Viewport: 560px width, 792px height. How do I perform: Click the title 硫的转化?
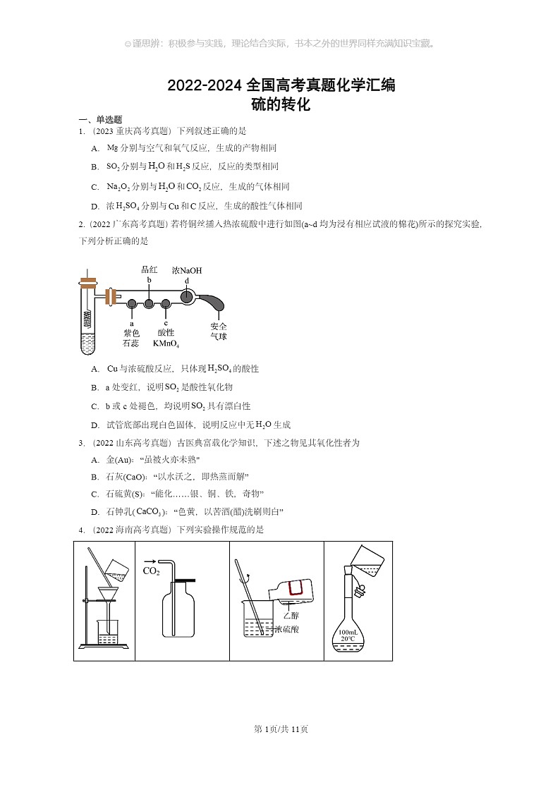point(281,105)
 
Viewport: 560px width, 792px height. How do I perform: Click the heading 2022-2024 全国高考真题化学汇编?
point(281,85)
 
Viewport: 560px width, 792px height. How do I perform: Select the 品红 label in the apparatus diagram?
point(149,269)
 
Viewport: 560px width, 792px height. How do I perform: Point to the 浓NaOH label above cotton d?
point(187,270)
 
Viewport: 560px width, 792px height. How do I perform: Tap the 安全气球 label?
point(219,331)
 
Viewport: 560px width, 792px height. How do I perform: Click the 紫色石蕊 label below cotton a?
point(131,338)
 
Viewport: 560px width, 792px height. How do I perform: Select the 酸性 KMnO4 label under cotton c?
point(166,338)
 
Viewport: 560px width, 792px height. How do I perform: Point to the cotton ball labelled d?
point(187,297)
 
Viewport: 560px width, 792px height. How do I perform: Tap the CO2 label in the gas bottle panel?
point(151,571)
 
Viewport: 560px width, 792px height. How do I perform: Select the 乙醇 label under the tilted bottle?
point(291,615)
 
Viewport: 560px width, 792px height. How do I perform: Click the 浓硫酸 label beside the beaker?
point(286,629)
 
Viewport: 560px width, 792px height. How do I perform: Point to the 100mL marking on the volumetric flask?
point(348,632)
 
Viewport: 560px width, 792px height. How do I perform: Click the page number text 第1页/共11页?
point(281,729)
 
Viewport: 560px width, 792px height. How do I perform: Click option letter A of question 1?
point(95,148)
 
